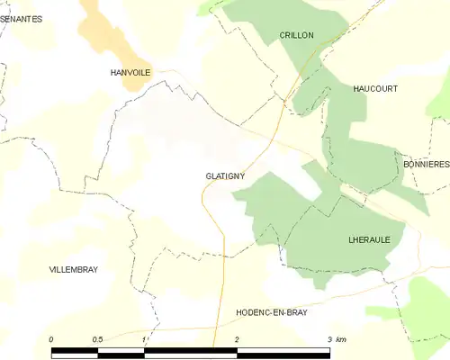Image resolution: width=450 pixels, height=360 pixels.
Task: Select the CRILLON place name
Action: coord(296,35)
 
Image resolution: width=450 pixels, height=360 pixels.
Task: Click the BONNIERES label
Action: coord(426,165)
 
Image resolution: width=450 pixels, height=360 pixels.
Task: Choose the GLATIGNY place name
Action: coord(225,177)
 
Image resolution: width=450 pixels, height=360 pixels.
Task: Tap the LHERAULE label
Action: coord(367,240)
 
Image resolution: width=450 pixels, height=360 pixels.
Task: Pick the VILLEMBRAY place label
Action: coord(74,269)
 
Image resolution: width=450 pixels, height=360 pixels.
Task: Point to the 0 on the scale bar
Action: coord(52,339)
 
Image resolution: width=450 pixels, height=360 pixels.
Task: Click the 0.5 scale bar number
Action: coord(97,339)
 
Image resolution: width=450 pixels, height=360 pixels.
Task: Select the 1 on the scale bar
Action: coord(144,339)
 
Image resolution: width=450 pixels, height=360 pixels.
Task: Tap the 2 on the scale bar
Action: coord(237,339)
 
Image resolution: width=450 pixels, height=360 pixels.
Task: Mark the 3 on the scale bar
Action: coord(329,339)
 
